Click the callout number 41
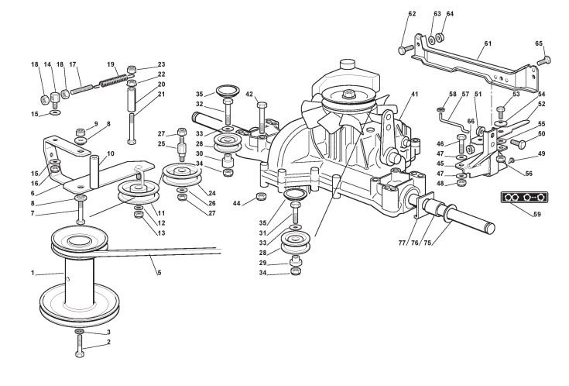coord(414,94)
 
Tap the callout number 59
coord(537,214)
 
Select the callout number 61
coord(488,43)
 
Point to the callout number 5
coord(159,273)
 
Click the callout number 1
coord(33,273)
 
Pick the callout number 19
coord(111,64)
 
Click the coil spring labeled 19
coord(114,80)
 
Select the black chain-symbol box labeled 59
coord(524,197)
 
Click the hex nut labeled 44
coord(261,197)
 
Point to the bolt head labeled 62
coord(402,50)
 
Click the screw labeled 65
coord(544,60)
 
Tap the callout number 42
coord(249,94)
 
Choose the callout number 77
coord(402,243)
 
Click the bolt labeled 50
coord(518,143)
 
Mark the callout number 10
coord(111,153)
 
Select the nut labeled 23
coord(132,69)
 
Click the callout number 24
coord(212,193)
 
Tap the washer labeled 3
coord(80,332)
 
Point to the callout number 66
coord(471,121)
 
